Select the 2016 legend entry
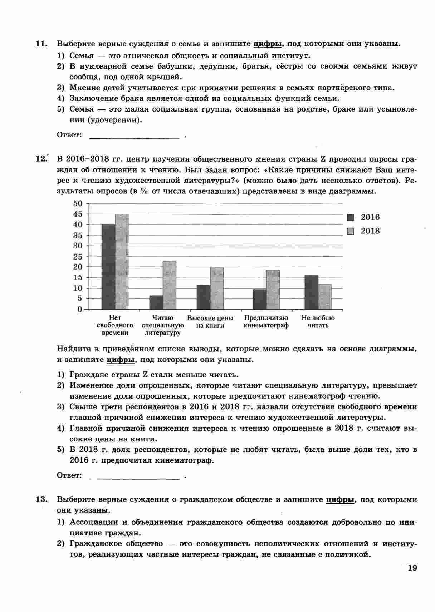click(x=364, y=217)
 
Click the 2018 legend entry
click(x=364, y=231)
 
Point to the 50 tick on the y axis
click(x=78, y=203)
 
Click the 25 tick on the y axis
click(x=78, y=256)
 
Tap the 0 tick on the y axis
click(x=80, y=309)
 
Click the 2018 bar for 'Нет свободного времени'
click(x=122, y=262)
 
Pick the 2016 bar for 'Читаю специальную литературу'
click(x=156, y=302)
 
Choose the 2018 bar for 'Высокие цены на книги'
click(x=217, y=288)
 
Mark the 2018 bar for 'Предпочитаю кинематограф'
click(x=273, y=290)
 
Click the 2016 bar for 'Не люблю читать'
click(x=312, y=292)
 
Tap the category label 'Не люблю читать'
click(x=318, y=321)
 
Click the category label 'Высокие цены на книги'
click(x=210, y=321)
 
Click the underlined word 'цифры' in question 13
click(x=340, y=499)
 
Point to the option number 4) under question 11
click(x=61, y=98)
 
